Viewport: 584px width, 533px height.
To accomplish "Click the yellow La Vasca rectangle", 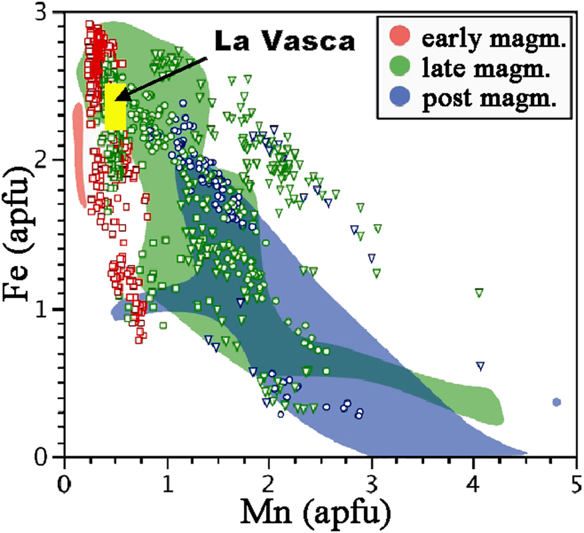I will [115, 107].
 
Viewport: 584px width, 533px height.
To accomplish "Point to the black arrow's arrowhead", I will [121, 101].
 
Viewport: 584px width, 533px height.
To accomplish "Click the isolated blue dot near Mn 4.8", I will [557, 402].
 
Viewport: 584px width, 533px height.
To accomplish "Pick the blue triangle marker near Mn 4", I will [480, 366].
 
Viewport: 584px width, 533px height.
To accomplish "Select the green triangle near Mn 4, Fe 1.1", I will [479, 292].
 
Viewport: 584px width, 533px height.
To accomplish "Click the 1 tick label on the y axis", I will [48, 310].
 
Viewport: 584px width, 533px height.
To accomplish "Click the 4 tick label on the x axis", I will [473, 478].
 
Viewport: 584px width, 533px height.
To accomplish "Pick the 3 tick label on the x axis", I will [371, 478].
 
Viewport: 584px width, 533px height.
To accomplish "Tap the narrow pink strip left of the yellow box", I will [79, 153].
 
